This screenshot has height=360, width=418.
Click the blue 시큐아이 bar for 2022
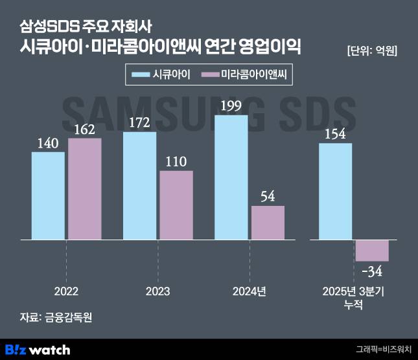pos(48,196)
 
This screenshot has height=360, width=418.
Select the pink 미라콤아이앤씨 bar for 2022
pos(85,189)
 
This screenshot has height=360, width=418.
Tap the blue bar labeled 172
pos(139,186)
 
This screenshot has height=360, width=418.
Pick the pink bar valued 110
pos(176,205)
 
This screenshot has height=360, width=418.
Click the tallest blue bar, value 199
pos(231,177)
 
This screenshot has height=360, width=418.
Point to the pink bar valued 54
pos(268,223)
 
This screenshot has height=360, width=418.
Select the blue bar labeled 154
pos(336,191)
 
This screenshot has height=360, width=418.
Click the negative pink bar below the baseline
pos(372,251)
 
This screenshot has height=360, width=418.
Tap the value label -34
pos(372,269)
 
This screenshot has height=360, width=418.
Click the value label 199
pos(231,106)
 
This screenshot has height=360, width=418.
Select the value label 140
pos(48,142)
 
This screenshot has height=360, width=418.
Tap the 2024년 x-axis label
pos(249,291)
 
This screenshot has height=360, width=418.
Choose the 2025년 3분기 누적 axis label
pos(353,297)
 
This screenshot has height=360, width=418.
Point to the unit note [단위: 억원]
pos(372,51)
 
